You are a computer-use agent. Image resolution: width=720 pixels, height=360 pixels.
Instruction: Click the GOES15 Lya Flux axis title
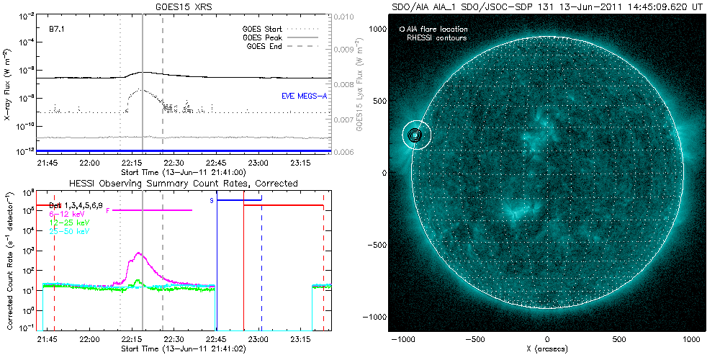click(x=357, y=84)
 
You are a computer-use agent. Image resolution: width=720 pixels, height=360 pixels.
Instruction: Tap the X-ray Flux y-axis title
click(x=6, y=84)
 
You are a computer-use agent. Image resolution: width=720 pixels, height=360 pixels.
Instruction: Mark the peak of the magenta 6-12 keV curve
click(x=138, y=253)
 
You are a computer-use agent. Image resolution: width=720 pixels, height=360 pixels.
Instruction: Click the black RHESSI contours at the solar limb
click(x=414, y=135)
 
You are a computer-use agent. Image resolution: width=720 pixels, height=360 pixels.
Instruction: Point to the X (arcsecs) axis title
click(x=547, y=348)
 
